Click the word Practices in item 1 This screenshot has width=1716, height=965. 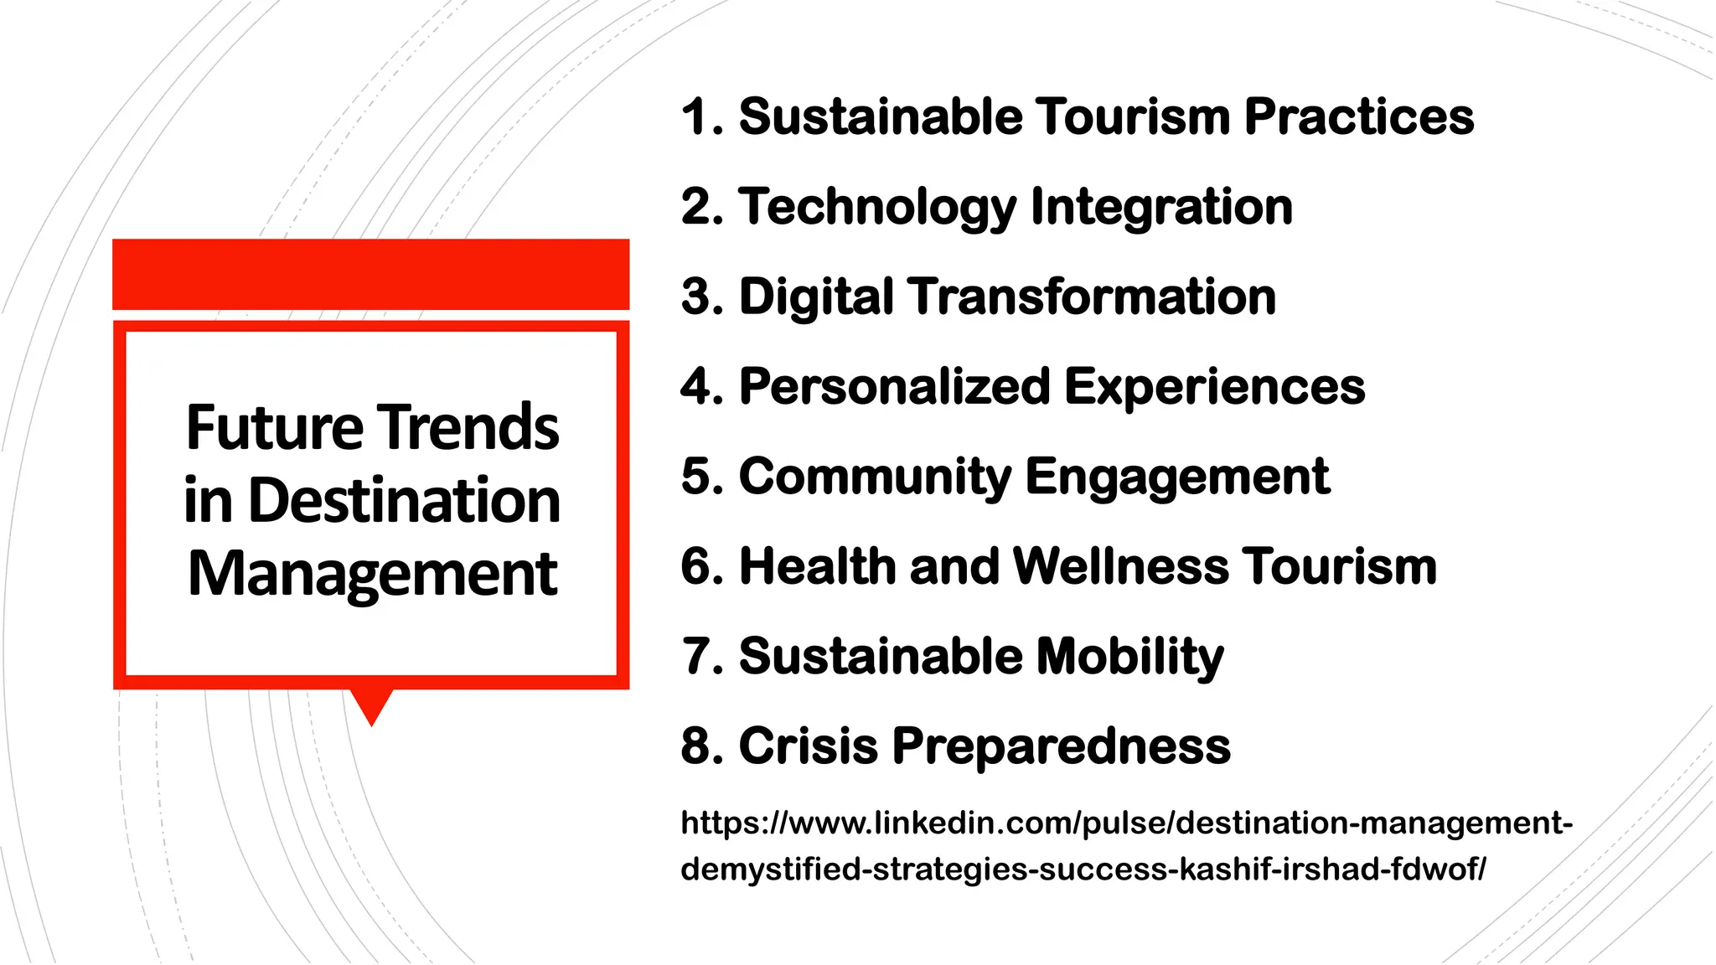coord(1358,116)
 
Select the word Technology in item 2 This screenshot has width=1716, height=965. coord(876,207)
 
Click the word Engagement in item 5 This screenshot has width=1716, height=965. coord(1176,477)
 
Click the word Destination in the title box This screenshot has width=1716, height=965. coord(404,501)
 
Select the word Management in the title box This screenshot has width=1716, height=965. coord(372,575)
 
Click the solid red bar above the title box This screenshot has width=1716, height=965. coord(370,274)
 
